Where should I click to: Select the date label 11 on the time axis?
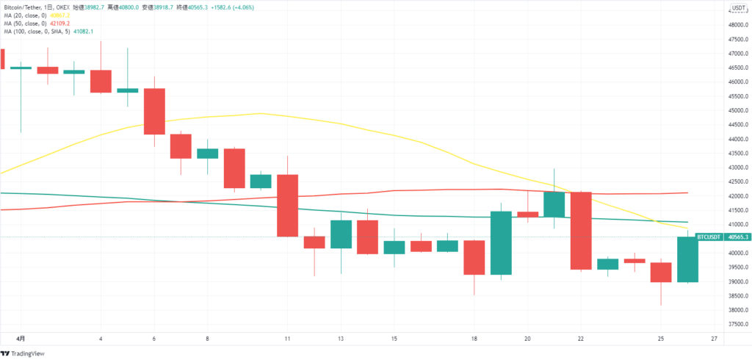pos(287,339)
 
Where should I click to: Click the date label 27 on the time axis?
pos(715,339)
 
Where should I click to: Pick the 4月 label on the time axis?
pos(21,339)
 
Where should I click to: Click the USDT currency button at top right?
pos(737,8)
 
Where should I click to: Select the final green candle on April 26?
pos(687,259)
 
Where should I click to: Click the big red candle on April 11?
pos(287,205)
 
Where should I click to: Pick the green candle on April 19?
pos(501,243)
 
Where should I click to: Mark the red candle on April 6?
pos(154,111)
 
